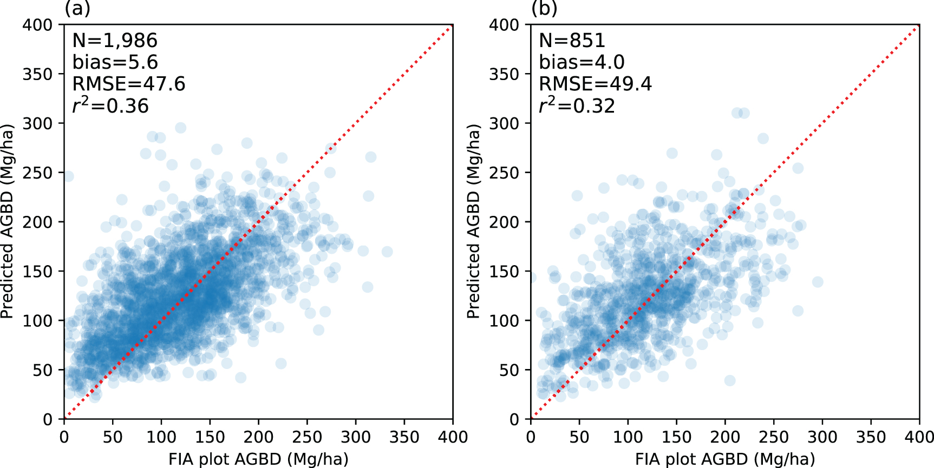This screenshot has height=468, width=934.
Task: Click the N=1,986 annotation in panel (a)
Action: click(115, 41)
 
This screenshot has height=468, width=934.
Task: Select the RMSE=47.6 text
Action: click(129, 84)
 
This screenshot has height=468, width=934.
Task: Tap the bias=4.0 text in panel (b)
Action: click(582, 62)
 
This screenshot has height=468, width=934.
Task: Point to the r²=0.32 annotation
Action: click(577, 105)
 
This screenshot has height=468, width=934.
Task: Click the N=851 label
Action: click(572, 41)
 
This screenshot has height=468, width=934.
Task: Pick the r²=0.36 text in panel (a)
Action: click(110, 105)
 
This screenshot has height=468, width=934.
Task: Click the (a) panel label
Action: click(77, 8)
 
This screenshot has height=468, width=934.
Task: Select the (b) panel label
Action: click(544, 8)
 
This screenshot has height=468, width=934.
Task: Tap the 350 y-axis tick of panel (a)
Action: click(37, 74)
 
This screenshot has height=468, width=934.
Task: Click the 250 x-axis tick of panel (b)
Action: click(774, 437)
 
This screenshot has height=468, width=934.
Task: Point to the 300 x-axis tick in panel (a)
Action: click(356, 437)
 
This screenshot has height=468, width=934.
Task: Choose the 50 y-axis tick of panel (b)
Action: click(510, 370)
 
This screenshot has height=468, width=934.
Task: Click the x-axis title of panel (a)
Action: click(258, 459)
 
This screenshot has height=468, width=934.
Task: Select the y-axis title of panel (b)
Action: click(473, 222)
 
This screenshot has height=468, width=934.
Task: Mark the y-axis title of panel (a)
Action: click(6, 222)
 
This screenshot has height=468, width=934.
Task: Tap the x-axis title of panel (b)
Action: click(725, 459)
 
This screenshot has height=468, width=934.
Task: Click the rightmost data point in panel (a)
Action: click(387, 252)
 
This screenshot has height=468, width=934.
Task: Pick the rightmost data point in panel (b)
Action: click(818, 282)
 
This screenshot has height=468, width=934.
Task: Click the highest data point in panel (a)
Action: click(181, 128)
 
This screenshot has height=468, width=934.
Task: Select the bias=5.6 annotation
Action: click(115, 62)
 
